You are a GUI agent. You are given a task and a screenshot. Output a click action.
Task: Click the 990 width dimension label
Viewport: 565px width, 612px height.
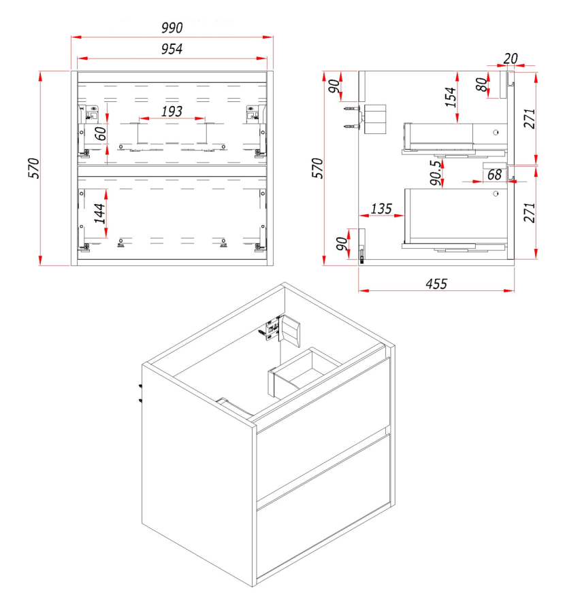(x=172, y=28)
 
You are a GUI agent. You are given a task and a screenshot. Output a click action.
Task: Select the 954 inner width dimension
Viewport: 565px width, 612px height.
(x=172, y=49)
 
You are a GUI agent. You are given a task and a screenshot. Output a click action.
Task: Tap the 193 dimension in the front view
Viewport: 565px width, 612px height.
(x=172, y=112)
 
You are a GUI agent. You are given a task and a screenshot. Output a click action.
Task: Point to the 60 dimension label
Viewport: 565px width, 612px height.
(x=101, y=133)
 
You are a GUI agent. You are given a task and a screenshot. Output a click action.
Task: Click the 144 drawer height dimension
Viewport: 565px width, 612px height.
(x=99, y=213)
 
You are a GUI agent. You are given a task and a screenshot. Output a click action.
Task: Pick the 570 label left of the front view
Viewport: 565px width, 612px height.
(x=34, y=168)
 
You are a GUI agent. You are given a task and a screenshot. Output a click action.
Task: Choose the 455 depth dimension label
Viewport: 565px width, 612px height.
(x=436, y=284)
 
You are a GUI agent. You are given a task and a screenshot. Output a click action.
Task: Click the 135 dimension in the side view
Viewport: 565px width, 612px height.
(x=381, y=209)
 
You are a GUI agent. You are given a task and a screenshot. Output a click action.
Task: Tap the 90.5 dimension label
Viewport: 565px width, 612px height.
(x=436, y=172)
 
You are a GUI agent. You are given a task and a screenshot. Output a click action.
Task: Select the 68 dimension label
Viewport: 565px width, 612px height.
(x=494, y=175)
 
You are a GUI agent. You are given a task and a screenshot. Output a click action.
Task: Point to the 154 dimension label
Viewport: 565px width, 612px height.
(x=451, y=97)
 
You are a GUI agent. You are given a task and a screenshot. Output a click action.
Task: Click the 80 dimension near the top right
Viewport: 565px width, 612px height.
(x=482, y=84)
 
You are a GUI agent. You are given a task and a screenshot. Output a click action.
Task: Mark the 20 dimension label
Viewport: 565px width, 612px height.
(x=511, y=58)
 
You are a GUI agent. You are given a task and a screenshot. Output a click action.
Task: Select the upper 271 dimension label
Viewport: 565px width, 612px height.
(x=530, y=118)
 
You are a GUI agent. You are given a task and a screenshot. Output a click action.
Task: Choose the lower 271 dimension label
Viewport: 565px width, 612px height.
(x=530, y=212)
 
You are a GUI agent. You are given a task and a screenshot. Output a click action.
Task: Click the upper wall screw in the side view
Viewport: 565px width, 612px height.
(x=351, y=108)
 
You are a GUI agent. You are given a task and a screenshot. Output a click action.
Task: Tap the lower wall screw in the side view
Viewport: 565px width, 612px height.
(x=351, y=126)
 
